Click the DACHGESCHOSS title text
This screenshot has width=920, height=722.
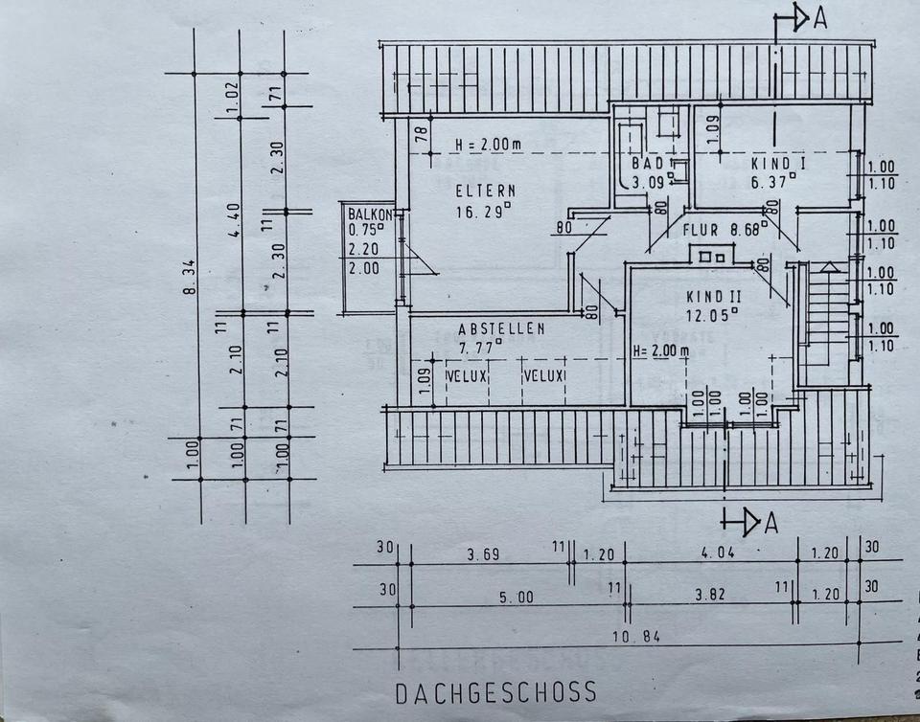pyautogui.click(x=495, y=691)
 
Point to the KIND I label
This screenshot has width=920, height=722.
pyautogui.click(x=778, y=164)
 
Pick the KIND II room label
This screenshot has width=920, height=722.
pyautogui.click(x=714, y=298)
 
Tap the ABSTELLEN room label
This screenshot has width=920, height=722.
pyautogui.click(x=501, y=328)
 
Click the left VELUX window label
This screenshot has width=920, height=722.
pyautogui.click(x=468, y=376)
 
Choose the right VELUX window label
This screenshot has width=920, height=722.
pyautogui.click(x=544, y=376)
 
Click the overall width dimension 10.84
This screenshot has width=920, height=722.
pyautogui.click(x=636, y=636)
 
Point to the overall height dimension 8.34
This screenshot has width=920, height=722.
pyautogui.click(x=191, y=278)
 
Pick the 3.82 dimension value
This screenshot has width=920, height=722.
pyautogui.click(x=711, y=595)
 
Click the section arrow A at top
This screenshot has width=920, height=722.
pyautogui.click(x=798, y=19)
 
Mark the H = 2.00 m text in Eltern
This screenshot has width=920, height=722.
pyautogui.click(x=488, y=145)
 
